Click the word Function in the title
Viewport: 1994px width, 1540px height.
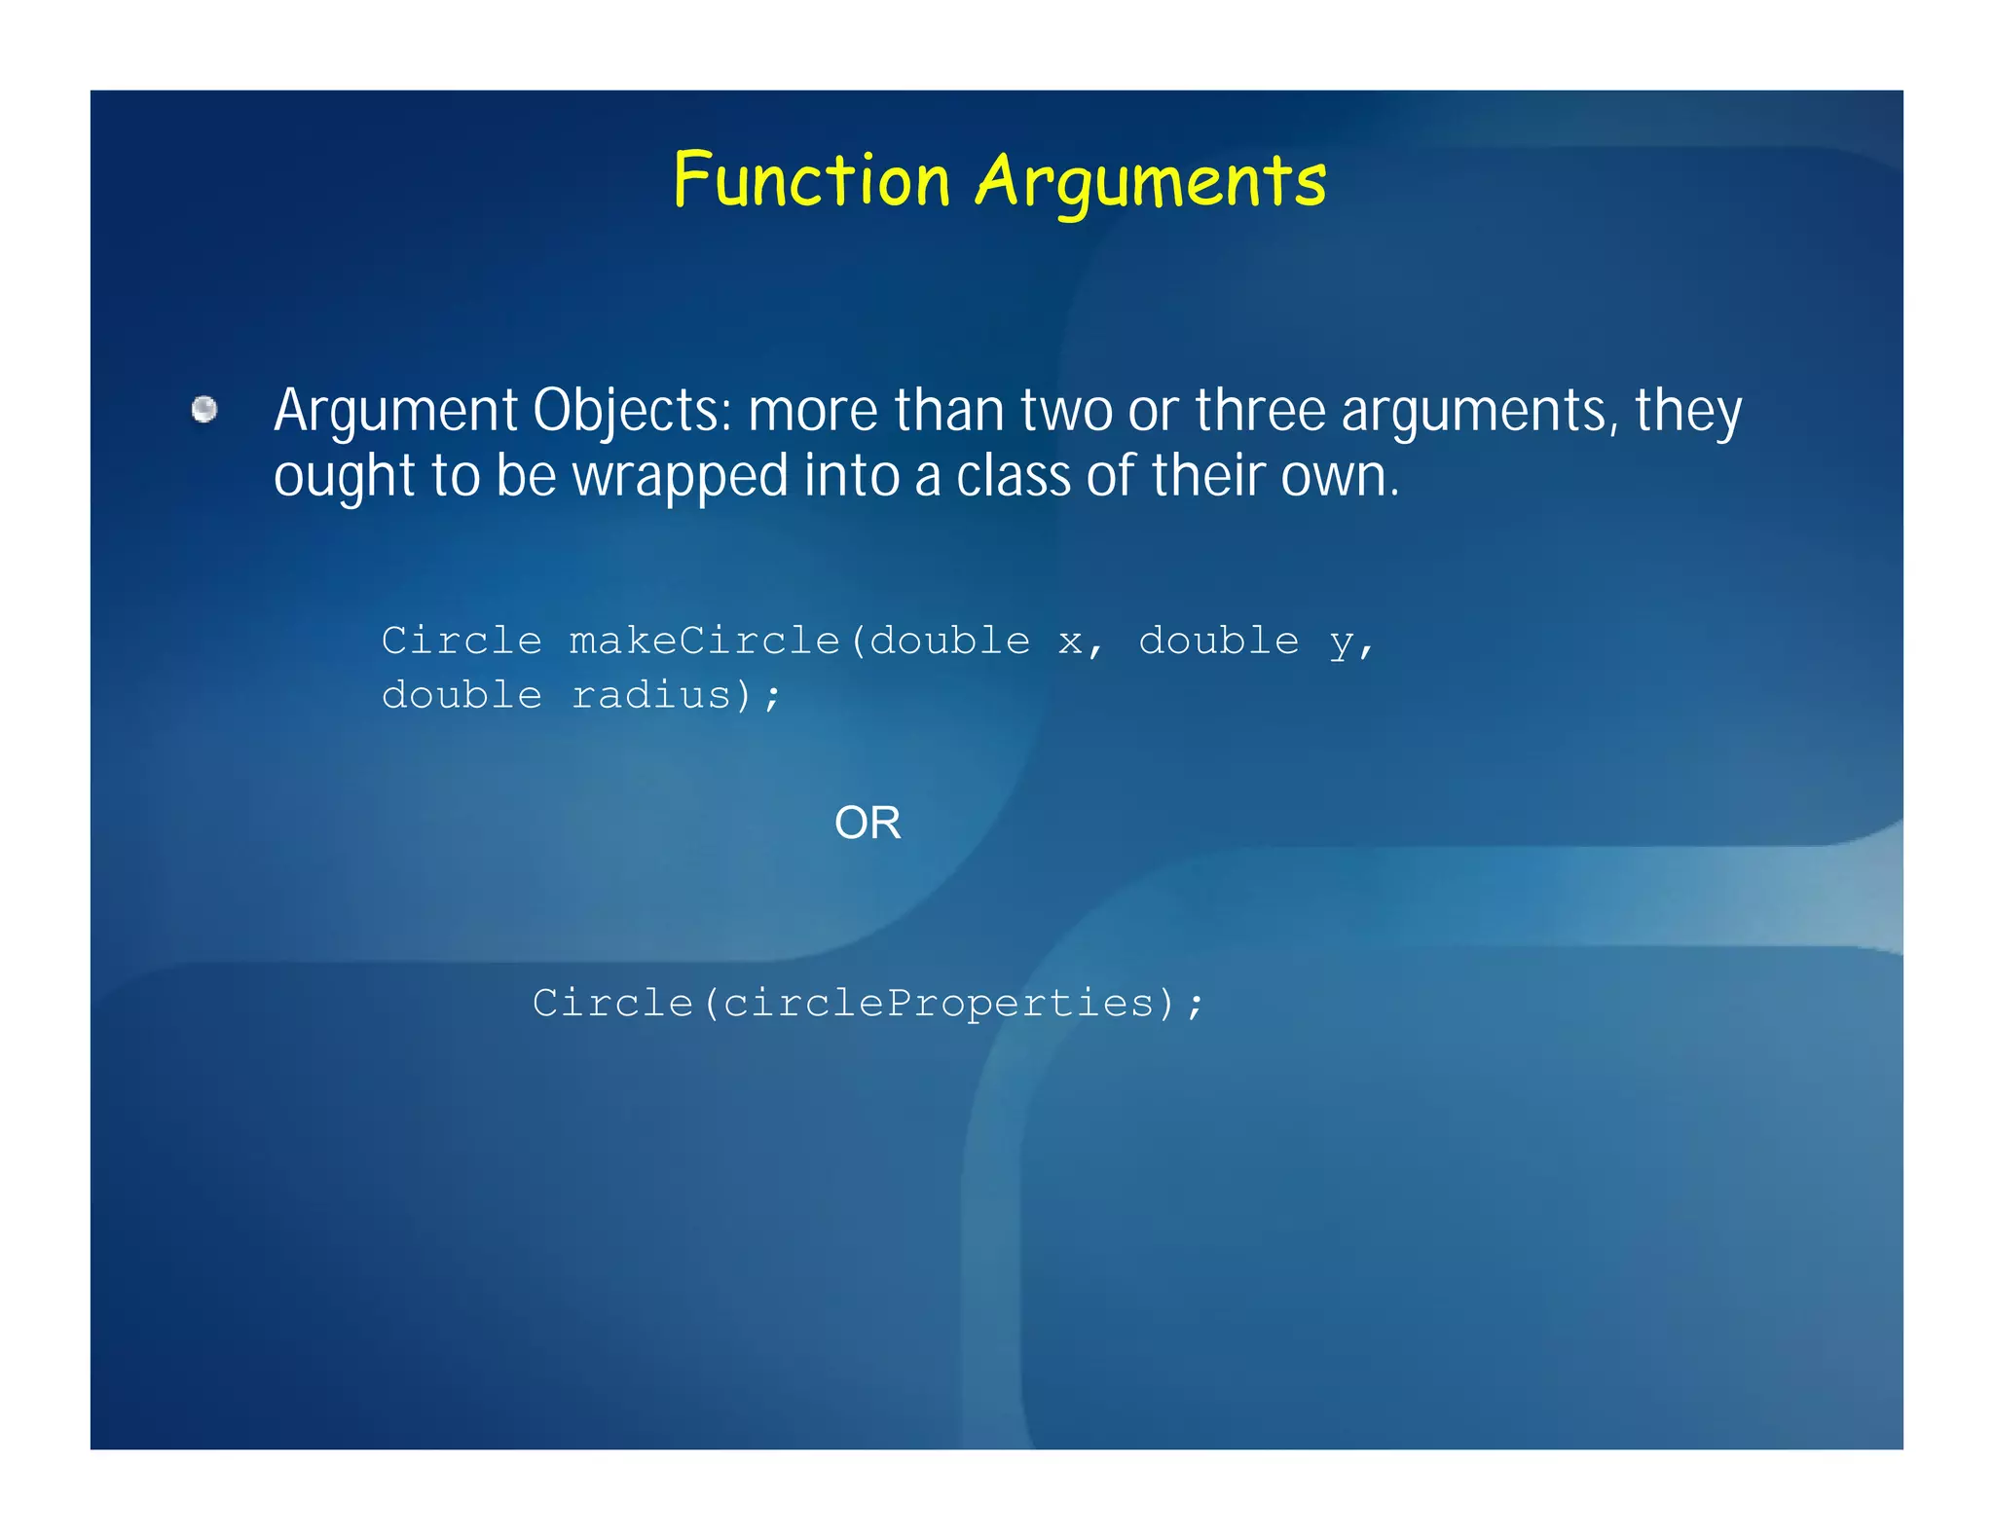point(811,181)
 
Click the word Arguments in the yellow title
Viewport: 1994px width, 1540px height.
point(1151,183)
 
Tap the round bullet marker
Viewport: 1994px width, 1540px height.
point(204,410)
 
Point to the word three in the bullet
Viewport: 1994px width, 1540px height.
point(1260,411)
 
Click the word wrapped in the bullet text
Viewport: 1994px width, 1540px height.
point(680,477)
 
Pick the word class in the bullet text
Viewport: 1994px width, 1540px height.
point(1013,477)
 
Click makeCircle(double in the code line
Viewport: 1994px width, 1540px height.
point(799,642)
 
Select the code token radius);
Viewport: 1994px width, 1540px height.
point(676,696)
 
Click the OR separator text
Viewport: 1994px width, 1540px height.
point(868,824)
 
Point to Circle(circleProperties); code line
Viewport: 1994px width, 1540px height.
point(868,1004)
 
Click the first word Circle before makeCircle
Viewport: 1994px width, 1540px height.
point(462,642)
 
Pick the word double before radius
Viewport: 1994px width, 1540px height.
point(462,696)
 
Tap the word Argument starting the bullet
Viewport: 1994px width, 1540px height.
point(395,412)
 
